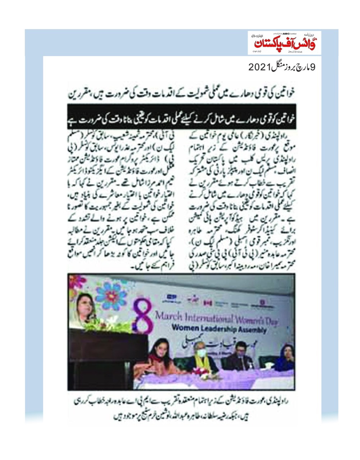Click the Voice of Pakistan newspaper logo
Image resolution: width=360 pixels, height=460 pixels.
(284, 42)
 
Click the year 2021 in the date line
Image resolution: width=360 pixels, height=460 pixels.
(259, 67)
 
